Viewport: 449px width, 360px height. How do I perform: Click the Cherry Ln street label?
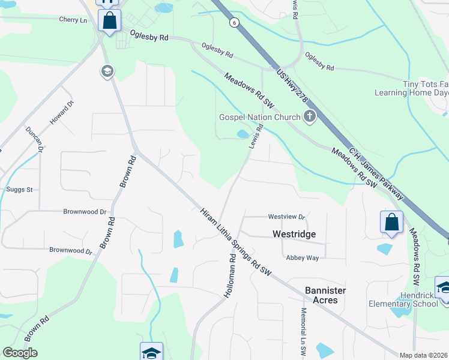coord(73,20)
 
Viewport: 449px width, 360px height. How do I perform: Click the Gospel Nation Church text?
coord(259,117)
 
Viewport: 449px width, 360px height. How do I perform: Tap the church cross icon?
coord(310,116)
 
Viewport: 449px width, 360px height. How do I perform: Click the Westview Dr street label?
coord(287,217)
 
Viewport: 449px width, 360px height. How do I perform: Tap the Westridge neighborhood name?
coord(294,233)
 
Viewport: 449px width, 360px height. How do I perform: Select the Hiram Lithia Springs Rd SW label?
coord(236,242)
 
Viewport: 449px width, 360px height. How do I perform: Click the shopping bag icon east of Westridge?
coord(391,222)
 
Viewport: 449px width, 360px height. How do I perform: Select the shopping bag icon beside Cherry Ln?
coord(109,20)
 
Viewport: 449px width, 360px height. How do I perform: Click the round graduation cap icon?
coord(107,72)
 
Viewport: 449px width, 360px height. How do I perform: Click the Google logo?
coord(20,353)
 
